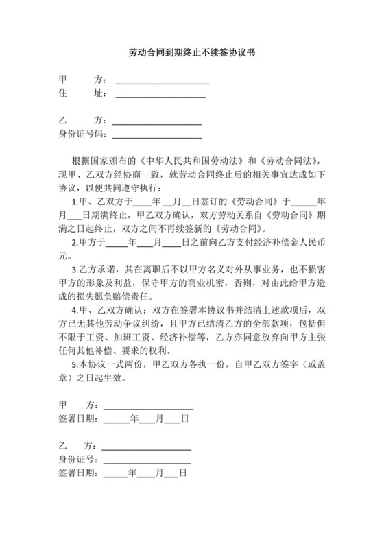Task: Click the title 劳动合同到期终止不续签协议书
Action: [192, 52]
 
